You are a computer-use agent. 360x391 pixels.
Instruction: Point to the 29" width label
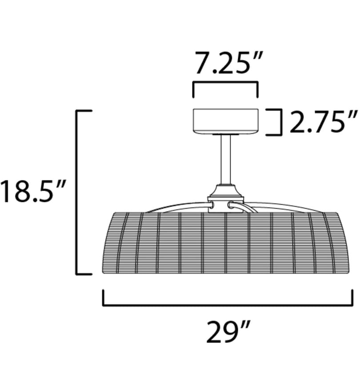click(228, 331)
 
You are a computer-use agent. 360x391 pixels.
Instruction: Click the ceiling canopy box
click(225, 121)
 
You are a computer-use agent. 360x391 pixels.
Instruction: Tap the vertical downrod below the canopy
click(225, 160)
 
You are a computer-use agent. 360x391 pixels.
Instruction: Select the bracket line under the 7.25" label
click(225, 82)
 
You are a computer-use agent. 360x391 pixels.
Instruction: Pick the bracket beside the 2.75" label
click(281, 122)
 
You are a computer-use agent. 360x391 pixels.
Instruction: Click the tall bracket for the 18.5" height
click(77, 192)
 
